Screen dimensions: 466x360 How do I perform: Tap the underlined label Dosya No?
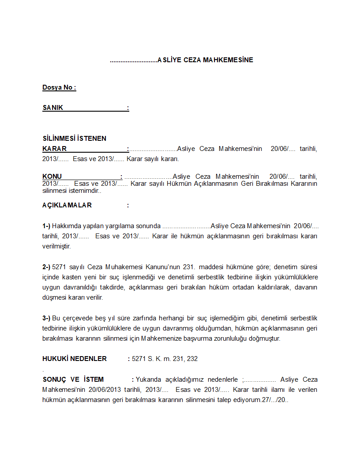coord(58,87)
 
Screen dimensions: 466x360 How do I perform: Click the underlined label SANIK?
coord(53,108)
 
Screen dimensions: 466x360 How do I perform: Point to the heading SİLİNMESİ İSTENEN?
coord(74,139)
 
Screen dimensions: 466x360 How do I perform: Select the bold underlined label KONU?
coord(52,177)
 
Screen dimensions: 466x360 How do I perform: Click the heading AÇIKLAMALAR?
coord(67,205)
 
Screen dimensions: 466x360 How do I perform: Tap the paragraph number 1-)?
coord(46,226)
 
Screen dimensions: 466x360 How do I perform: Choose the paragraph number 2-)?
coord(46,267)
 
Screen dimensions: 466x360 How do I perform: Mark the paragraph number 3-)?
coord(46,318)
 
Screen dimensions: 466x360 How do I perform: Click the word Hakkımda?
coord(66,226)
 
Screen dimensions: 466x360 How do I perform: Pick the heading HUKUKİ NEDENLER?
coord(75,359)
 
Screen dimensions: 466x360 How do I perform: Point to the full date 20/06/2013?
coord(105,390)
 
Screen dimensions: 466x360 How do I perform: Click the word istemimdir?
coord(86,191)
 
